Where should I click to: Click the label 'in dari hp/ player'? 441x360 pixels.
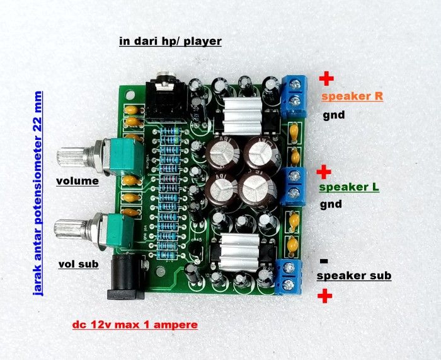click(x=171, y=42)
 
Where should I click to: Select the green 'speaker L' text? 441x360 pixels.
click(x=350, y=188)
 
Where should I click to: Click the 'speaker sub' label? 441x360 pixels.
click(x=353, y=276)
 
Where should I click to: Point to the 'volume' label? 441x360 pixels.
click(x=77, y=182)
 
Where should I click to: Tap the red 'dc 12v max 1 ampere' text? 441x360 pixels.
click(x=134, y=325)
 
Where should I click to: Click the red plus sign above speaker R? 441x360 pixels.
click(x=326, y=79)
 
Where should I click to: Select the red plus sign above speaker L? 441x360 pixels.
click(x=324, y=171)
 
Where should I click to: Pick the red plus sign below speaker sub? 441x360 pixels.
click(x=326, y=296)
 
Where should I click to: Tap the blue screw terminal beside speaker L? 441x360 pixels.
click(x=294, y=185)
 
